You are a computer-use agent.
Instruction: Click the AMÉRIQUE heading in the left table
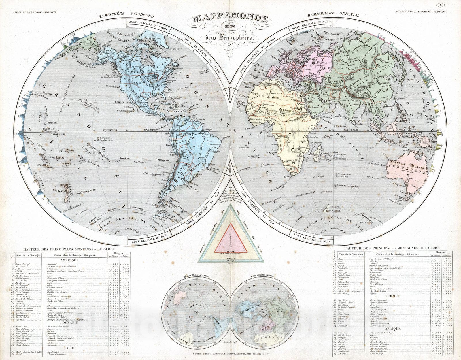click(x=70, y=260)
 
